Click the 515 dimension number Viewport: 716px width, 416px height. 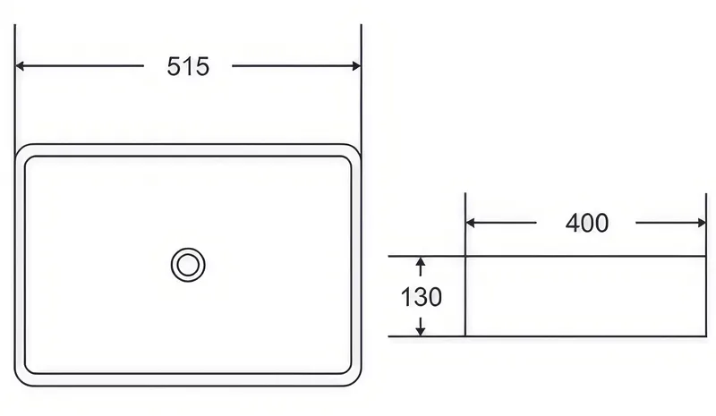click(x=188, y=67)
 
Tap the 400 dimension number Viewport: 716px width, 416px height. click(x=587, y=224)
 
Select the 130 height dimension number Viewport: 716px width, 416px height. click(x=421, y=297)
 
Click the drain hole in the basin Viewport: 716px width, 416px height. click(x=188, y=265)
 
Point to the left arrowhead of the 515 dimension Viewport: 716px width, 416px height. click(x=20, y=66)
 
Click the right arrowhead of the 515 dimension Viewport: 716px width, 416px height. click(x=356, y=66)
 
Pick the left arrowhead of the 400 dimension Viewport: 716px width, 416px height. click(x=471, y=223)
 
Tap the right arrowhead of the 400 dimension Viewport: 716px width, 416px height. click(x=701, y=223)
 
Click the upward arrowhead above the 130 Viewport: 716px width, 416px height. click(x=421, y=262)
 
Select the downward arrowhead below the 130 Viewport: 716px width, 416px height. click(x=421, y=331)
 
